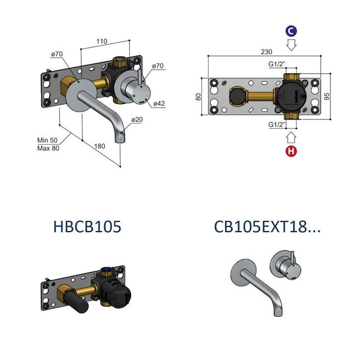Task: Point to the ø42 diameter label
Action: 159,103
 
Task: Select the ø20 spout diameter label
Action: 138,120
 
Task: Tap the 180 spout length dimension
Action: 100,146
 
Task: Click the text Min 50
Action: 48,140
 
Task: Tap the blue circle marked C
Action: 292,31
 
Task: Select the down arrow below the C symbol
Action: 292,45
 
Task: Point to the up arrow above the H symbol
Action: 292,136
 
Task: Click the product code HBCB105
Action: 87,227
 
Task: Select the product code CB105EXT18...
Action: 267,227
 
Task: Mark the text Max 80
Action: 48,148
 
